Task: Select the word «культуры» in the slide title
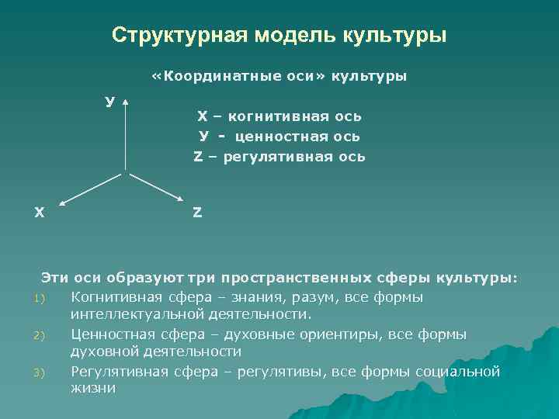(x=394, y=36)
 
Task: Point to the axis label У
(x=111, y=101)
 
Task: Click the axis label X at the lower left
(x=39, y=212)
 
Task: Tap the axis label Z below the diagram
(x=197, y=212)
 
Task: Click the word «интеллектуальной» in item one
(x=136, y=314)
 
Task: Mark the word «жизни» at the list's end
(x=92, y=388)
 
